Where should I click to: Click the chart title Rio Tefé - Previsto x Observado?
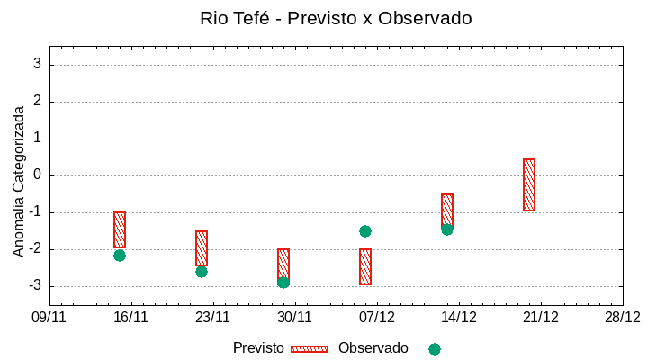point(336,18)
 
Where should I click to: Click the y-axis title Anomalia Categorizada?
point(19,181)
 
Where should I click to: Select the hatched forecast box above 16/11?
point(120,229)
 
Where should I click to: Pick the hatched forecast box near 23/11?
point(202,248)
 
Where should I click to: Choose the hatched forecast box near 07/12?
point(365,266)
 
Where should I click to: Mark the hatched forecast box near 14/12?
point(447,211)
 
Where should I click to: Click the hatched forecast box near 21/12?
point(529,184)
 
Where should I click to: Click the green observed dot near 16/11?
point(120,256)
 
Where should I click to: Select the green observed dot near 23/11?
point(202,271)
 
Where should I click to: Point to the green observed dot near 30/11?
point(283,283)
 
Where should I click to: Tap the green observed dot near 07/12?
point(365,231)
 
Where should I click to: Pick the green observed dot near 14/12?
point(447,229)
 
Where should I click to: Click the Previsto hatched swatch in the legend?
point(310,348)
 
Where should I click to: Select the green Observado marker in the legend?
point(435,348)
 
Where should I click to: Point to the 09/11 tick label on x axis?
point(49,317)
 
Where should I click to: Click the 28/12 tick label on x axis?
point(623,317)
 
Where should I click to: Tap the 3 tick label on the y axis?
point(38,65)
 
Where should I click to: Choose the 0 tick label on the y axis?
point(38,175)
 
